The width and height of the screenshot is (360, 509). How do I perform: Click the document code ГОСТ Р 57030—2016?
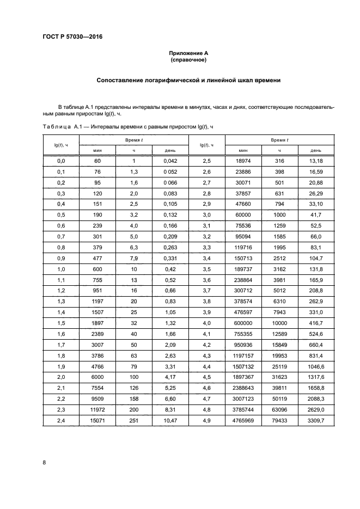pos(72,37)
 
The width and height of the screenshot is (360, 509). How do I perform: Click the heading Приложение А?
pos(188,53)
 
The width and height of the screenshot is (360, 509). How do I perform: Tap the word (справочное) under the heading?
pos(188,60)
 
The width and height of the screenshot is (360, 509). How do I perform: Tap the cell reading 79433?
pos(279,420)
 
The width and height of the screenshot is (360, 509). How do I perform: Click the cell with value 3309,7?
pos(316,420)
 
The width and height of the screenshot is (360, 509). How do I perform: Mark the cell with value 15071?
pos(97,420)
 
